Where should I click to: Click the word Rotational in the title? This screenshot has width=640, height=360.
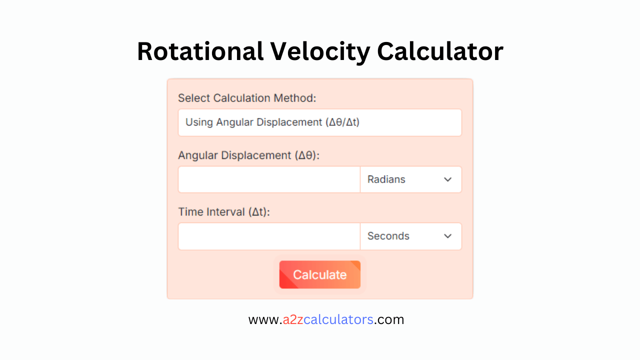click(x=200, y=51)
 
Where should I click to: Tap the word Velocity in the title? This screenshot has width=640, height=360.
click(x=320, y=51)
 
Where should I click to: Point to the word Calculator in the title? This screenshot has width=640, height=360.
click(x=440, y=51)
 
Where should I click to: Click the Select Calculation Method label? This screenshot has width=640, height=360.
click(x=247, y=98)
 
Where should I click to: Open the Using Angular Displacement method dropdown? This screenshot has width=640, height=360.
click(x=319, y=122)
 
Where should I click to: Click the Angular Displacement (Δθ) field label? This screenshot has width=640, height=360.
click(x=248, y=155)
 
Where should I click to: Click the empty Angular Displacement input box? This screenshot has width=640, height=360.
click(x=269, y=179)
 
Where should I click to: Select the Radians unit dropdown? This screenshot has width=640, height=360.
click(x=410, y=179)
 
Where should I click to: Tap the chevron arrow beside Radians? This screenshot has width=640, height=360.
click(x=447, y=179)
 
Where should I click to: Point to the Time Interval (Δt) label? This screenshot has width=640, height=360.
click(x=223, y=212)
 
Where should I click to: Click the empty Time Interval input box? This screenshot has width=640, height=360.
click(x=269, y=236)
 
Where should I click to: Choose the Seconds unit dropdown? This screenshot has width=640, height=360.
click(x=410, y=236)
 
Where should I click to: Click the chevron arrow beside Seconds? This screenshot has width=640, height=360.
click(x=447, y=236)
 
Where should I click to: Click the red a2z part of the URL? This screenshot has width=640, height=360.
click(x=293, y=319)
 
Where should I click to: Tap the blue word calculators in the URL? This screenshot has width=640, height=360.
click(x=338, y=319)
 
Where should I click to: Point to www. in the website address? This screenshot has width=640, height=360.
click(x=265, y=319)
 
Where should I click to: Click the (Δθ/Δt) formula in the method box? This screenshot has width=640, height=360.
click(x=342, y=122)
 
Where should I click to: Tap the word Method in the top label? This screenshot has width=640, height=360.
click(x=294, y=98)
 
